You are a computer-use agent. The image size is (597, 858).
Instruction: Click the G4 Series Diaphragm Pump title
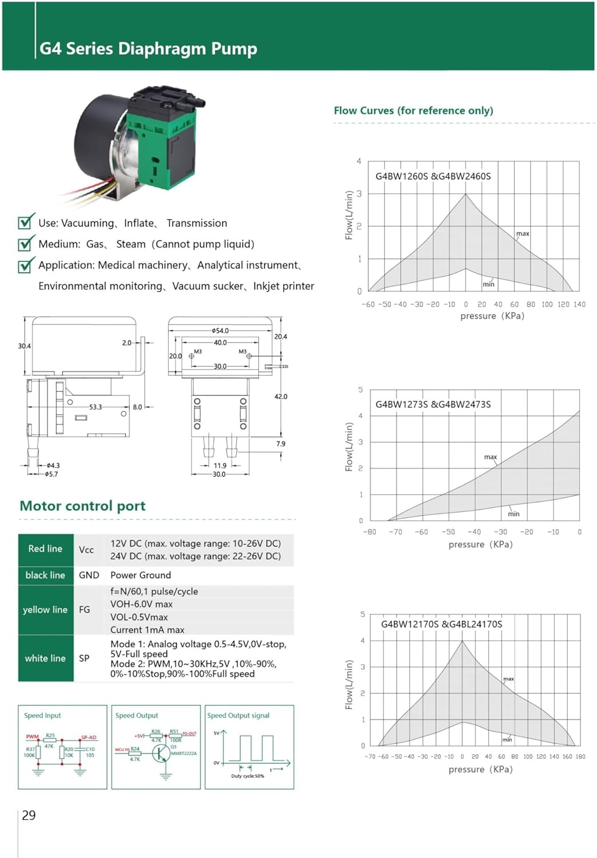pyautogui.click(x=148, y=49)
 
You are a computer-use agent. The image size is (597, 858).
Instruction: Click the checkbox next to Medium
pyautogui.click(x=25, y=244)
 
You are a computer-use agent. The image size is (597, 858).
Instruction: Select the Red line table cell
pyautogui.click(x=45, y=549)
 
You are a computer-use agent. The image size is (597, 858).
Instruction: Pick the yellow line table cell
pyautogui.click(x=45, y=610)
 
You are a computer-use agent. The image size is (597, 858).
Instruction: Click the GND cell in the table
pyautogui.click(x=89, y=575)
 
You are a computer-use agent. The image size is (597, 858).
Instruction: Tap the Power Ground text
pyautogui.click(x=141, y=575)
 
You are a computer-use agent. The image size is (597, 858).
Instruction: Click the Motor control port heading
pyautogui.click(x=82, y=506)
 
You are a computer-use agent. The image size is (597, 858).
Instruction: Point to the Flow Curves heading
pyautogui.click(x=413, y=111)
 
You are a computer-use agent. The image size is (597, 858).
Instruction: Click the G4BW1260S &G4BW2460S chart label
pyautogui.click(x=433, y=176)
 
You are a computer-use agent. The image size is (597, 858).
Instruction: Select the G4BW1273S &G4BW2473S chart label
pyautogui.click(x=433, y=404)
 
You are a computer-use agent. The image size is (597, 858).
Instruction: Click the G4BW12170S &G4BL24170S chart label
pyautogui.click(x=441, y=624)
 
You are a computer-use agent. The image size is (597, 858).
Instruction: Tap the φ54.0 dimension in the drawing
pyautogui.click(x=220, y=331)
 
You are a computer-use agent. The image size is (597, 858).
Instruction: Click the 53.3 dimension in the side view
pyautogui.click(x=95, y=407)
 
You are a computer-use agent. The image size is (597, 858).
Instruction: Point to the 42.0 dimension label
pyautogui.click(x=281, y=396)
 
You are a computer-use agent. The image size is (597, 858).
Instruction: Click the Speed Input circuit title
pyautogui.click(x=42, y=716)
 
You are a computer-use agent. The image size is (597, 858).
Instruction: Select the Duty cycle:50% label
pyautogui.click(x=248, y=776)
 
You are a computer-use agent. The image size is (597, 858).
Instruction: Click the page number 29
pyautogui.click(x=29, y=816)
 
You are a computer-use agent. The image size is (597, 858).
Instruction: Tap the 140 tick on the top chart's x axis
pyautogui.click(x=579, y=304)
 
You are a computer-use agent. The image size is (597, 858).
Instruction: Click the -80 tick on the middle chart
pyautogui.click(x=369, y=532)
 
